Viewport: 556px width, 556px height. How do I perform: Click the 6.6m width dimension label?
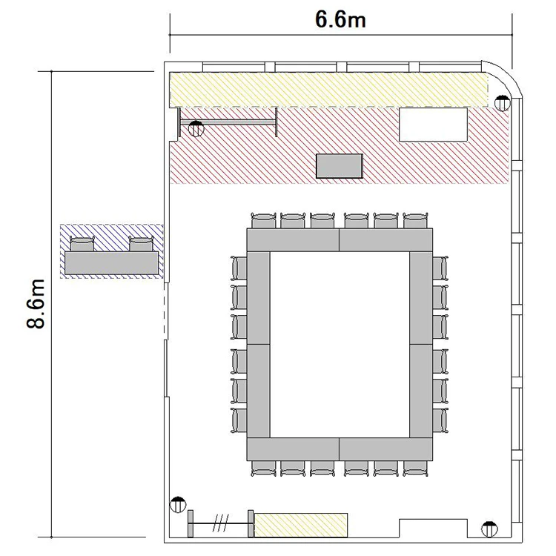coord(340,19)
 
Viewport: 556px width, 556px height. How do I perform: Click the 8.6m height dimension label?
coord(36,304)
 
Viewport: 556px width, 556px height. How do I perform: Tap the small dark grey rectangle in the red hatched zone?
coord(340,166)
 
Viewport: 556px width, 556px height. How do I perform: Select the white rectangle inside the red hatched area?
coord(434,125)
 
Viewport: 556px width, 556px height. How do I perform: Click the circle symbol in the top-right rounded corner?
coord(502,103)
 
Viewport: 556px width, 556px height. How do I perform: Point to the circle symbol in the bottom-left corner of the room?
coord(178,504)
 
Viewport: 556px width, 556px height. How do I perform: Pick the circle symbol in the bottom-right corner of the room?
coord(489,529)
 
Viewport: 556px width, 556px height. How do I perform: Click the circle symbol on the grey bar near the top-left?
coord(196,129)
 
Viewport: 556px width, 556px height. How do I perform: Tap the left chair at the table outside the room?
coord(82,244)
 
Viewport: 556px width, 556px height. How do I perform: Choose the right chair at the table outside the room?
coord(141,244)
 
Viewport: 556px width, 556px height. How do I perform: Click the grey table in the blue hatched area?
coord(111,262)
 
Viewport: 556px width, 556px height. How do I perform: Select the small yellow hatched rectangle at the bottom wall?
coord(301,525)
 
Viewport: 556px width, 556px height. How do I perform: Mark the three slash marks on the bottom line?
coord(221,523)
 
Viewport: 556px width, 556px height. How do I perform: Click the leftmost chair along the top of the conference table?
coord(263,221)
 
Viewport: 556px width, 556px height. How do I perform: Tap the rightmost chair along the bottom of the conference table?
coord(415,469)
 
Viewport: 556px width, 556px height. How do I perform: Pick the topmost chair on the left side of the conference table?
coord(239,268)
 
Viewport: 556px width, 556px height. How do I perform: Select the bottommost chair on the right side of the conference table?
coord(440,420)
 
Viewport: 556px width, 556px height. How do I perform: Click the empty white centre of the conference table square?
coord(340,345)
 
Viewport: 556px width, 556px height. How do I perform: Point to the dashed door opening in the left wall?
coord(165,311)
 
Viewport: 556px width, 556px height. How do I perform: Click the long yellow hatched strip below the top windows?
coord(328,90)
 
